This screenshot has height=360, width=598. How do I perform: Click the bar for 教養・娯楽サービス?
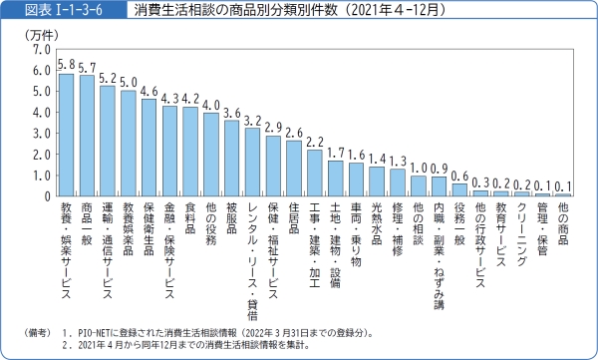(x=66, y=135)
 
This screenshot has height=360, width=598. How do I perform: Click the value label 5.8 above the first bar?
(x=66, y=64)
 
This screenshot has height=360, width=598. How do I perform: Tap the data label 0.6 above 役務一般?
(x=459, y=176)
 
